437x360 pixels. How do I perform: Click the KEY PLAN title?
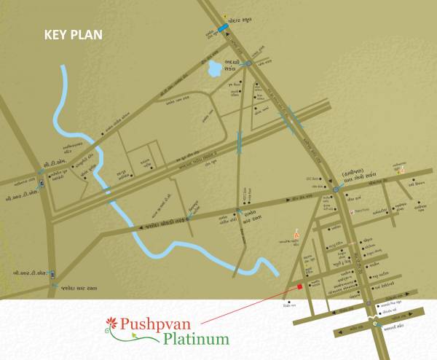pyautogui.click(x=74, y=34)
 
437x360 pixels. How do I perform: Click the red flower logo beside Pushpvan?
pyautogui.click(x=111, y=321)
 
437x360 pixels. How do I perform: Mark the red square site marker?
pyautogui.click(x=299, y=286)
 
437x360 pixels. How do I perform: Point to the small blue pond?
pyautogui.click(x=215, y=70)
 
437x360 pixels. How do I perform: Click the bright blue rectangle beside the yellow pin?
pyautogui.click(x=221, y=28)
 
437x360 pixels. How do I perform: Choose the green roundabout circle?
pyautogui.click(x=376, y=321)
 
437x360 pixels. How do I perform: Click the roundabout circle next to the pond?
pyautogui.click(x=248, y=63)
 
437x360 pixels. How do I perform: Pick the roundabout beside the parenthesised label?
pyautogui.click(x=335, y=189)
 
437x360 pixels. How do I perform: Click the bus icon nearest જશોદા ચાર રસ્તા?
pyautogui.click(x=52, y=275)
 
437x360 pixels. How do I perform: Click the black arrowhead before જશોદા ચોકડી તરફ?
pyautogui.click(x=141, y=230)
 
